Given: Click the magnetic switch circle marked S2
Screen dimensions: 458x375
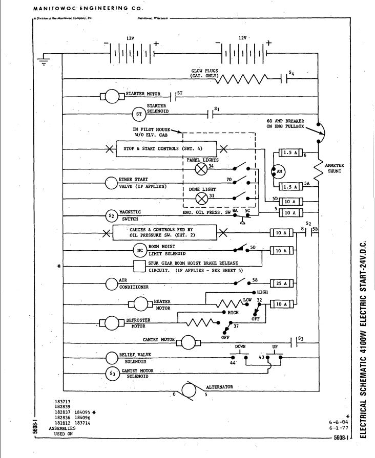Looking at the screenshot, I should tap(112, 216).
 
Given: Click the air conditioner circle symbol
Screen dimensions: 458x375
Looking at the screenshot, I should tap(112, 283).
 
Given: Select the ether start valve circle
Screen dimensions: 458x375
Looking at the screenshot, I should tap(112, 183).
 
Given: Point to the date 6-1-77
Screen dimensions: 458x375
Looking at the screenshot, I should tap(339, 429).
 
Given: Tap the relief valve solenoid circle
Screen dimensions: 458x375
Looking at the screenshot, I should tap(112, 357).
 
